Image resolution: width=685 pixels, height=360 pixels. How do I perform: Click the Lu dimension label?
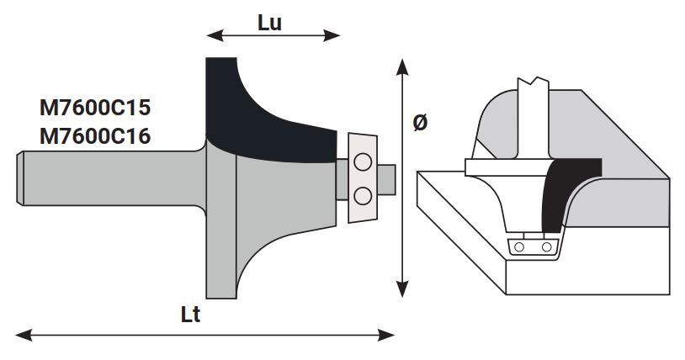269,22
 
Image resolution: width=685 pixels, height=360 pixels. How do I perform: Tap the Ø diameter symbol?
421,122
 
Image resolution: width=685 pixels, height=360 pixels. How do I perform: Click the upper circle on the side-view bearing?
364,161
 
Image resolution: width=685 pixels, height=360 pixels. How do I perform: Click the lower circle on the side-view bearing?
364,195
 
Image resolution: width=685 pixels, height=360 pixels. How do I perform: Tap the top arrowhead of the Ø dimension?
403,65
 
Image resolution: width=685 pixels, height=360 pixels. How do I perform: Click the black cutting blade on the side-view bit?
261,118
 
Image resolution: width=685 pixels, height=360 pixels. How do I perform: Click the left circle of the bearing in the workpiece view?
521,246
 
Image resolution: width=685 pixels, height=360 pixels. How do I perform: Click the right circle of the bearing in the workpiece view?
547,246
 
